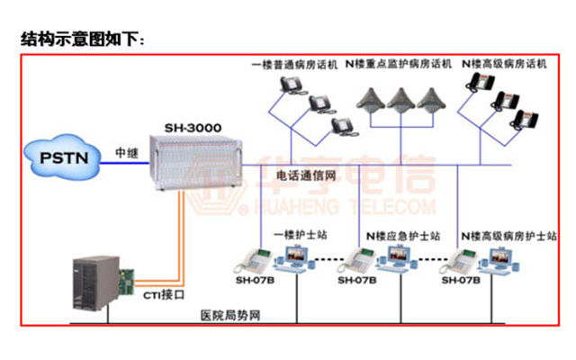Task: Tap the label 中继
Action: coord(126,153)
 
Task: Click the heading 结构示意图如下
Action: coord(81,40)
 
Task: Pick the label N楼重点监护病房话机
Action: coord(401,65)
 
